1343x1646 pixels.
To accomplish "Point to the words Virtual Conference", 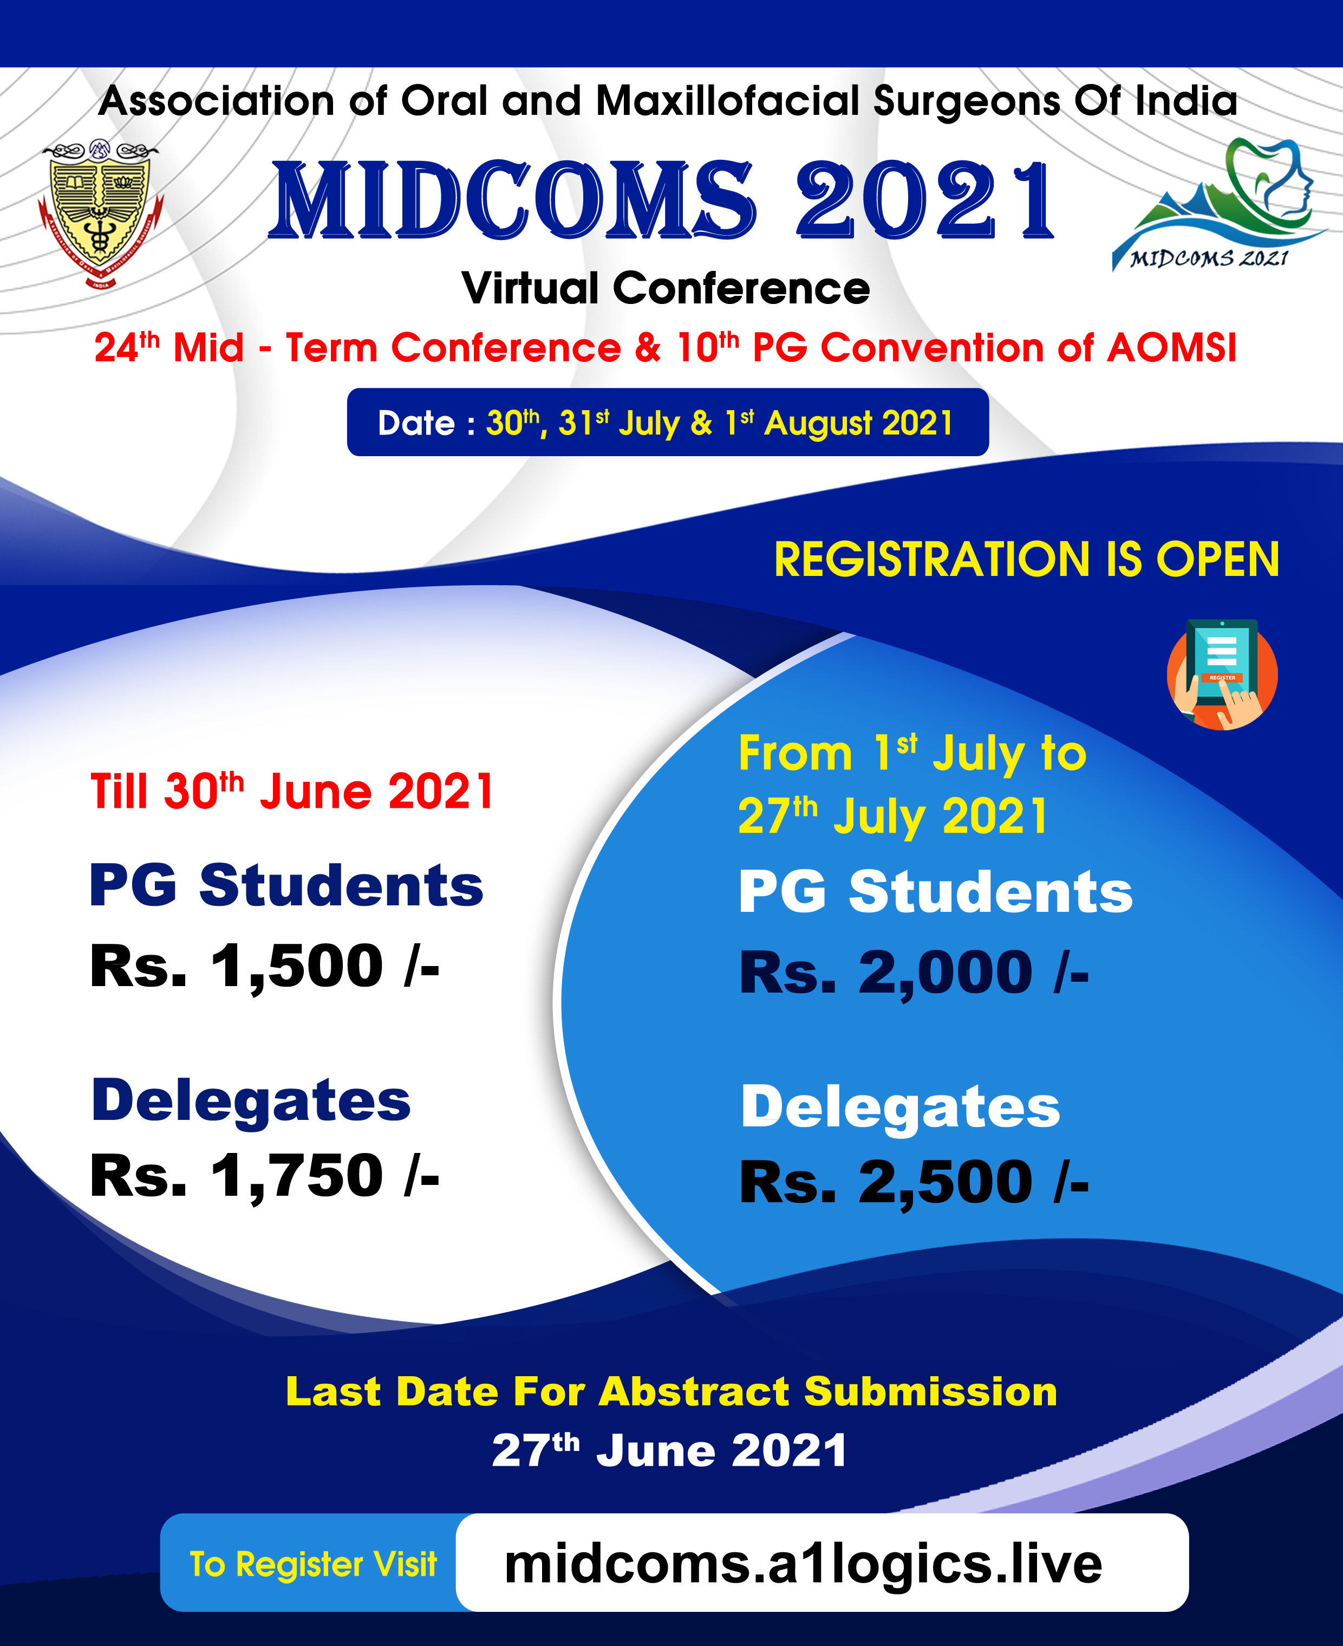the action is click(666, 289).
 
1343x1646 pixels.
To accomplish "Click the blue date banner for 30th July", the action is click(668, 423).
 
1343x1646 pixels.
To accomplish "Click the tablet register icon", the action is click(1222, 674).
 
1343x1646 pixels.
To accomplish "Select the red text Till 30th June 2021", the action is click(292, 791).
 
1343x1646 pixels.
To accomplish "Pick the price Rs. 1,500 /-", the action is click(265, 966).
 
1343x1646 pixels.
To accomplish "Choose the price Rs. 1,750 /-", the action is click(265, 1176).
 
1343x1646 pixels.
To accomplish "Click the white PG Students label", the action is click(935, 891).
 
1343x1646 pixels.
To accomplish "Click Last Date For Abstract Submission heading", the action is click(671, 1391).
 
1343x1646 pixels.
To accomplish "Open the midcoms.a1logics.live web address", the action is click(803, 1564).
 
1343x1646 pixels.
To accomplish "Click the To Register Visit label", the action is click(314, 1564).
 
